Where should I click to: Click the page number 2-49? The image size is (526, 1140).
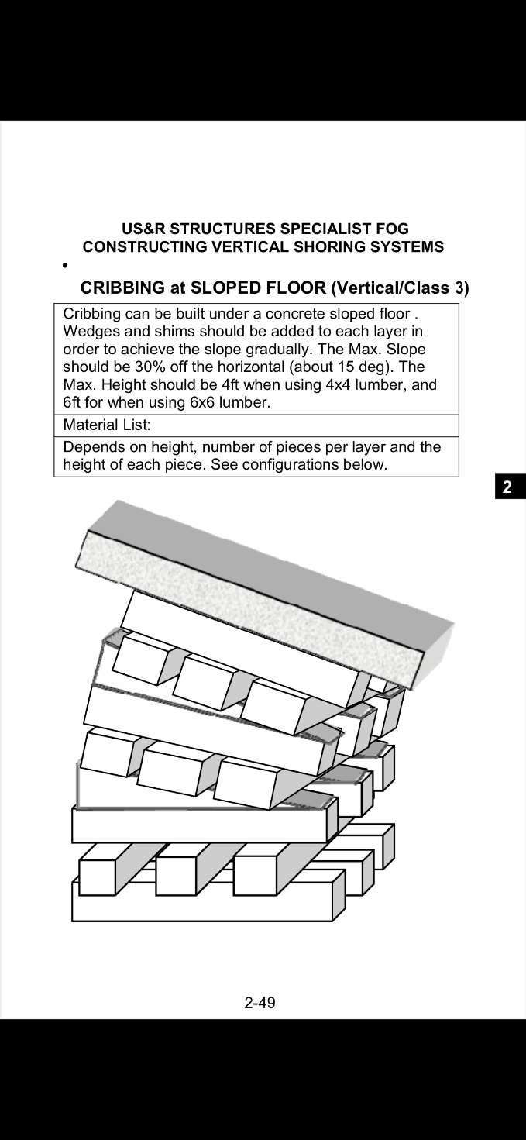260,1003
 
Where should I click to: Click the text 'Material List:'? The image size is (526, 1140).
106,425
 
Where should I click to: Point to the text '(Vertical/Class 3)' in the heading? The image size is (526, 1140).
400,288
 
